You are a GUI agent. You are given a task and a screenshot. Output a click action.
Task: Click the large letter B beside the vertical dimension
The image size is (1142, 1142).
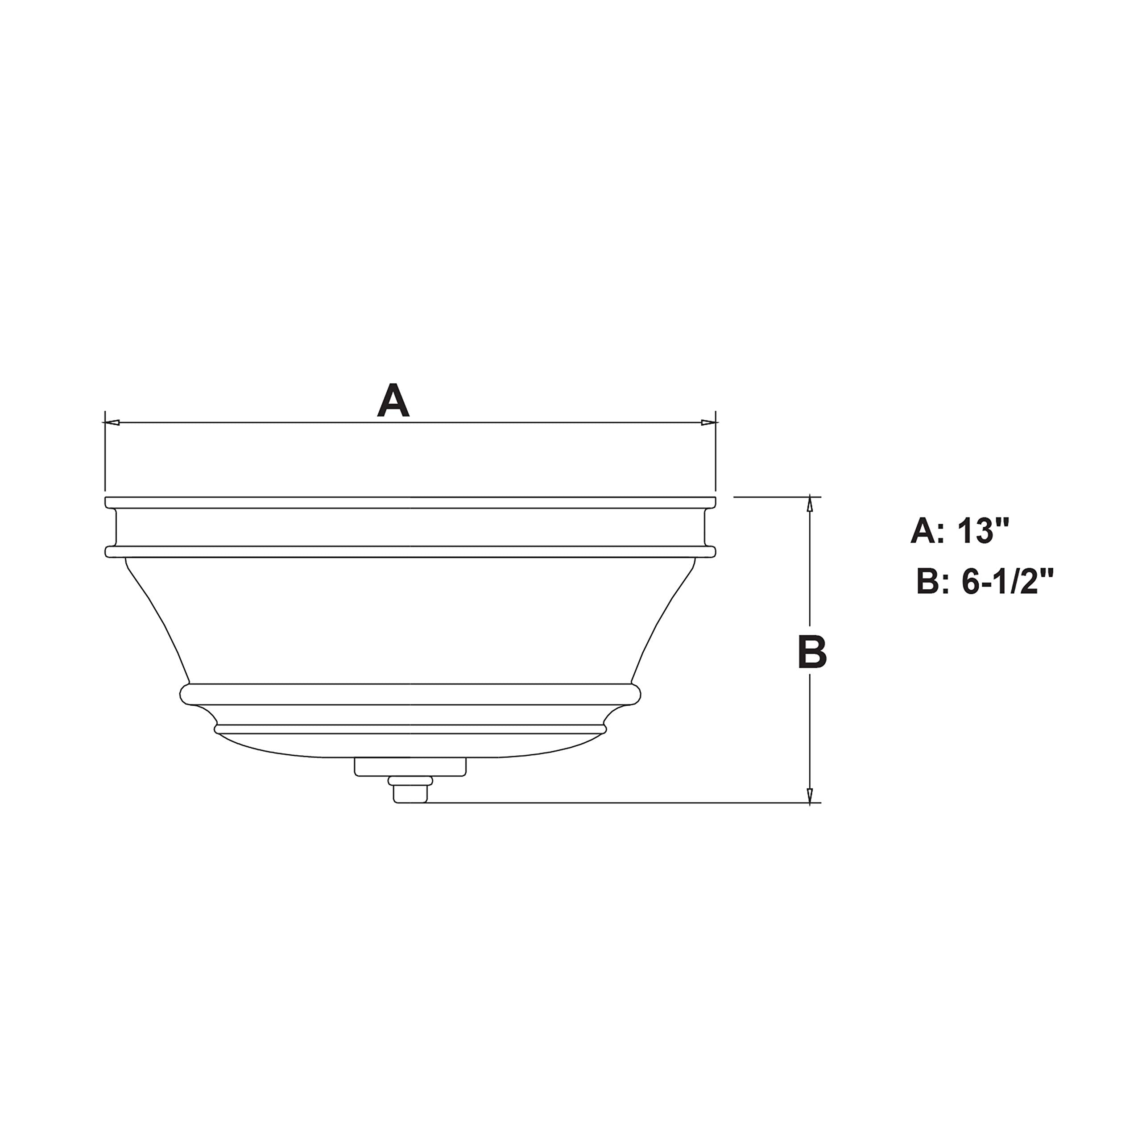click(x=811, y=653)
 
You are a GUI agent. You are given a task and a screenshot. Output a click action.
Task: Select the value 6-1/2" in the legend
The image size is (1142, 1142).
click(x=1007, y=582)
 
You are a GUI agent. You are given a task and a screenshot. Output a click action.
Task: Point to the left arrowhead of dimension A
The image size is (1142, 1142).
click(x=112, y=422)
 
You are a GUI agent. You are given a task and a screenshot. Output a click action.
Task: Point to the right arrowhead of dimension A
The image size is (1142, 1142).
click(x=708, y=422)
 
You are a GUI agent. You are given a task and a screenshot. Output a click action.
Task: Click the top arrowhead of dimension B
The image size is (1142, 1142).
click(x=810, y=503)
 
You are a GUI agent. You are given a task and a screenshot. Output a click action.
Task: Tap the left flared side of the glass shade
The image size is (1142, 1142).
click(x=157, y=621)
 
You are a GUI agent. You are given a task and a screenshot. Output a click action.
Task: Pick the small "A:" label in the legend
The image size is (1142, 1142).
click(x=923, y=530)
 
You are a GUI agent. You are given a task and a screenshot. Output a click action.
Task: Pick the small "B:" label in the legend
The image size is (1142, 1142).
click(x=931, y=582)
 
